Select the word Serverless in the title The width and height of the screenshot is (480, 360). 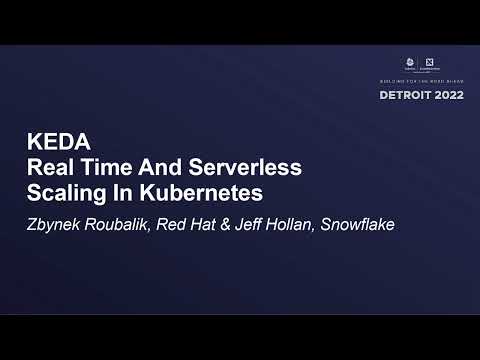point(246,165)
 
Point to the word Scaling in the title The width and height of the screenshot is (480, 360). point(63,189)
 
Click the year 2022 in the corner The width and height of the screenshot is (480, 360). point(446,95)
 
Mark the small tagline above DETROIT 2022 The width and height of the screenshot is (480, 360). point(421,80)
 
